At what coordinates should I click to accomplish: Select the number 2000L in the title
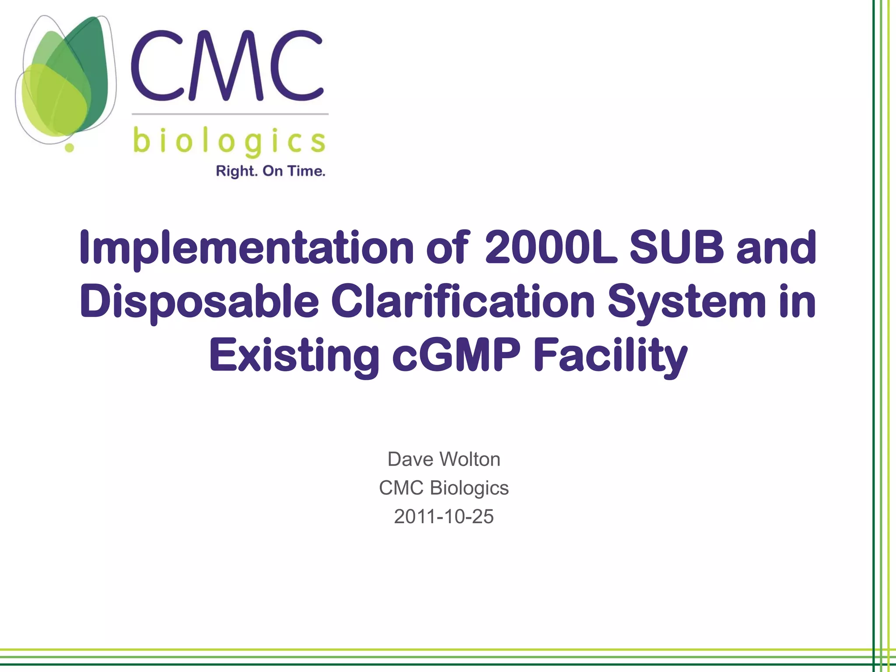(551, 248)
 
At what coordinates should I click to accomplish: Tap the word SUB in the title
(676, 248)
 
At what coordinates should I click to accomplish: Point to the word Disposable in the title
(199, 302)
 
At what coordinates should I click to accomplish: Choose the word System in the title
(686, 302)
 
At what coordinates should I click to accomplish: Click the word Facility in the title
(610, 355)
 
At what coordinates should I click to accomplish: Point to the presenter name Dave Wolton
(444, 459)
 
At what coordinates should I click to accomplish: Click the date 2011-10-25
(444, 517)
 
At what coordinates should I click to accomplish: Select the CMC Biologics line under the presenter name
(444, 488)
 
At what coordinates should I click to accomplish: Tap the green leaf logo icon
(66, 79)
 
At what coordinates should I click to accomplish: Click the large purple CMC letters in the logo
(227, 66)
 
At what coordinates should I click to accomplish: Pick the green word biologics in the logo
(229, 141)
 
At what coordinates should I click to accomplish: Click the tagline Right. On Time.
(270, 171)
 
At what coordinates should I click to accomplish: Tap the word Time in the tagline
(306, 171)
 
